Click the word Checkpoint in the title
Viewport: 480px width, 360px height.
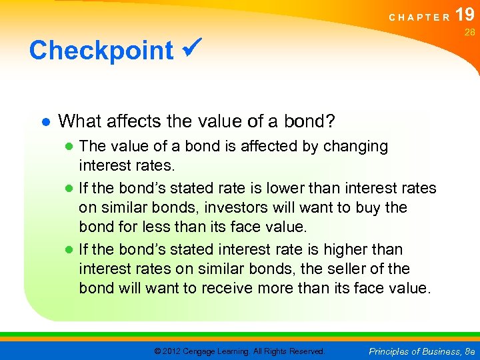click(101, 51)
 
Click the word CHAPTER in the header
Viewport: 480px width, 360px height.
click(419, 18)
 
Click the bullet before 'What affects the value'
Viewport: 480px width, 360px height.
click(45, 122)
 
